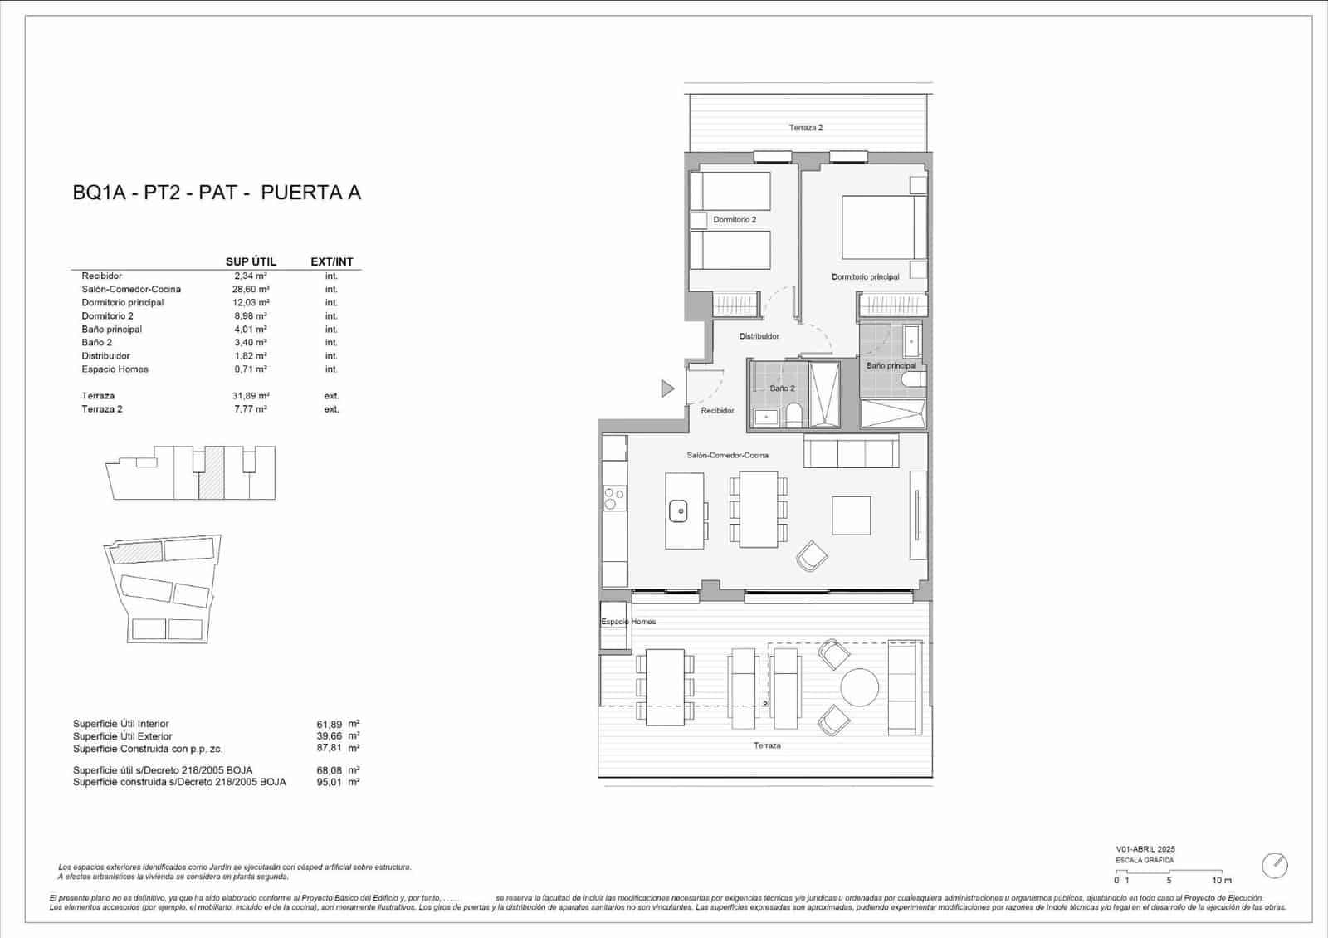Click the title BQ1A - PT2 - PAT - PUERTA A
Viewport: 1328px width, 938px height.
(217, 193)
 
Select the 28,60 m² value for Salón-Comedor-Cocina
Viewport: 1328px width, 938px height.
(250, 289)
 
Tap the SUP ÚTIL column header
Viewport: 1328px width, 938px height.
(251, 261)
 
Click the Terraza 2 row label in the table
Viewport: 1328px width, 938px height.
(102, 409)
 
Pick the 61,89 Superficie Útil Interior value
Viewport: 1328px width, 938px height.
(329, 724)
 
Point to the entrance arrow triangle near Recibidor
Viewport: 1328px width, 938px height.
(666, 388)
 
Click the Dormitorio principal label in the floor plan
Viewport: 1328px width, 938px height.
(865, 277)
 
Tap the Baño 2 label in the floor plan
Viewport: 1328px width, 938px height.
(782, 388)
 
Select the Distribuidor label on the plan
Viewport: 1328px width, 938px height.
(759, 336)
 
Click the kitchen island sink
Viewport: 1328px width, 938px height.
(679, 511)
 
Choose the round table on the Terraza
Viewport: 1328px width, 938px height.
(859, 687)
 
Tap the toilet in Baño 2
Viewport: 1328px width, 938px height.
(793, 414)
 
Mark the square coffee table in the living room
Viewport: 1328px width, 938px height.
(852, 515)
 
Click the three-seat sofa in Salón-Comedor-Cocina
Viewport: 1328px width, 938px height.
(851, 452)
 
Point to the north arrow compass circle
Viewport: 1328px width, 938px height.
(1274, 866)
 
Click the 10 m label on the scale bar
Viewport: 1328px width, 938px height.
(1221, 881)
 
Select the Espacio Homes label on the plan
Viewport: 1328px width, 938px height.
(628, 622)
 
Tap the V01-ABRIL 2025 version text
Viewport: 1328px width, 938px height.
(1145, 849)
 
